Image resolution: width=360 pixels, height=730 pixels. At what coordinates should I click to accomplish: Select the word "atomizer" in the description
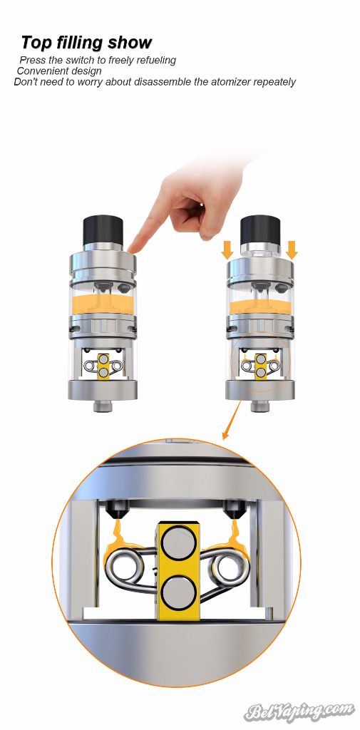[230, 83]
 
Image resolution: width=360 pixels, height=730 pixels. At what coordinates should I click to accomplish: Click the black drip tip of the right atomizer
[260, 229]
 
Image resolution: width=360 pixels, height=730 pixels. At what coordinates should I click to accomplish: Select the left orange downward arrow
[227, 250]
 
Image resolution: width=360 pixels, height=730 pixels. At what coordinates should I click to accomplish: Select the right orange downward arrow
[292, 250]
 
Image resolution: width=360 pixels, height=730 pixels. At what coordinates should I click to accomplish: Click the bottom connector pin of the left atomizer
[103, 406]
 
